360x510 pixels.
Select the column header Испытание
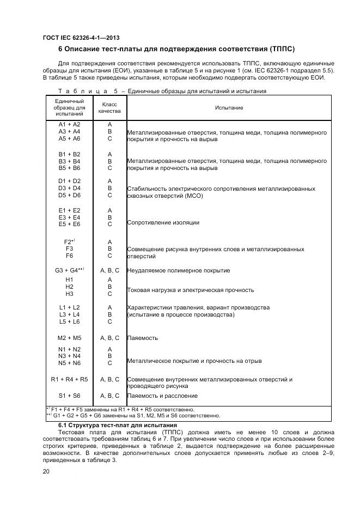[229, 108]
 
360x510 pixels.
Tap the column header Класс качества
[109, 107]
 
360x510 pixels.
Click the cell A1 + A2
[69, 124]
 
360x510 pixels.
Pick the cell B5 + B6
[69, 168]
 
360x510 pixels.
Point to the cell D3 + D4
[69, 188]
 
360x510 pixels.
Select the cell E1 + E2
[69, 210]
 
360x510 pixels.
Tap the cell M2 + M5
[69, 338]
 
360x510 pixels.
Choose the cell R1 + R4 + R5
[69, 379]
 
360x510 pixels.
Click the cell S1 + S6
[69, 396]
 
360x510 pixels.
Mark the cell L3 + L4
[69, 315]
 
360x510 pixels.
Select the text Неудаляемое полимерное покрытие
[178, 271]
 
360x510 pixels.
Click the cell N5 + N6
[69, 363]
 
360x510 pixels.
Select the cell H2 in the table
[69, 287]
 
